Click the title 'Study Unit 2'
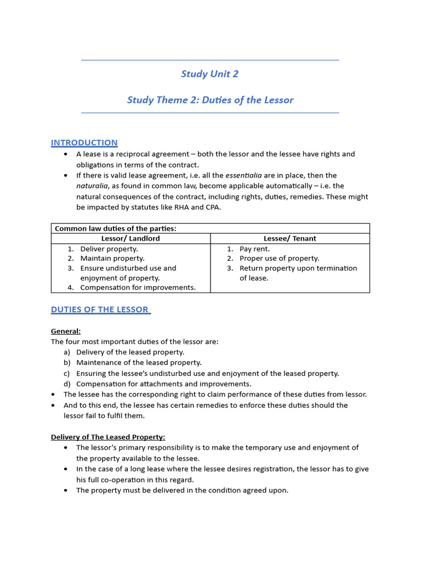pos(210,74)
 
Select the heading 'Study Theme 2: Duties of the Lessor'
pos(210,100)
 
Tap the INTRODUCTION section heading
pos(84,142)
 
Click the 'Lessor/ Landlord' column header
pos(130,238)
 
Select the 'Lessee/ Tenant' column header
pos(289,238)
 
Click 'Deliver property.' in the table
pos(109,249)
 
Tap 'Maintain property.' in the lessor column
pos(112,259)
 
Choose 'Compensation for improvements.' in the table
pos(138,288)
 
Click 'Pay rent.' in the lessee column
pos(254,249)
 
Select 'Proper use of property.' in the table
pos(279,259)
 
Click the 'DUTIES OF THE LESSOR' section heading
pos(100,310)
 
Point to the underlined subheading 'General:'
pos(66,331)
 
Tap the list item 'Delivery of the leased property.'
pos(130,352)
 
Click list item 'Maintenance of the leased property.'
pos(139,363)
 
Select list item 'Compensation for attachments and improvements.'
pos(163,384)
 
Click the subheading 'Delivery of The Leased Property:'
pos(108,437)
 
